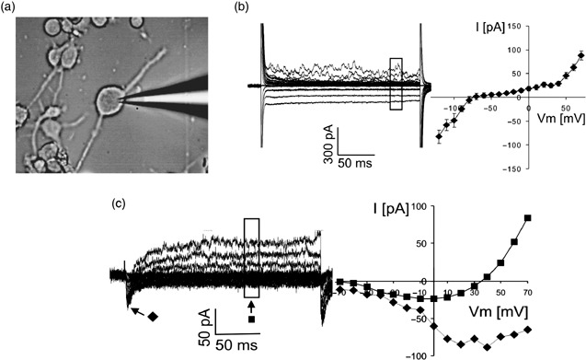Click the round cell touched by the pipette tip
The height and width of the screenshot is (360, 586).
(x=109, y=99)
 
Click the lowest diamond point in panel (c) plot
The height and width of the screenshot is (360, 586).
(x=487, y=347)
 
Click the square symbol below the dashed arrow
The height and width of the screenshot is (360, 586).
(x=251, y=319)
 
